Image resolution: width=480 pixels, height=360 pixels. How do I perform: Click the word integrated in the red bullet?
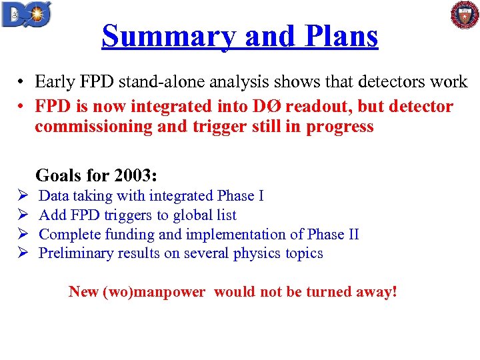tap(207, 107)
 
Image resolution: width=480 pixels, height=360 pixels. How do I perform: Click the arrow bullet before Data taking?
tap(23, 196)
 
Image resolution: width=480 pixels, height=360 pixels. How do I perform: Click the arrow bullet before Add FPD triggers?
tap(23, 215)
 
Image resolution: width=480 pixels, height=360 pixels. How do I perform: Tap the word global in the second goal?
tap(188, 215)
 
